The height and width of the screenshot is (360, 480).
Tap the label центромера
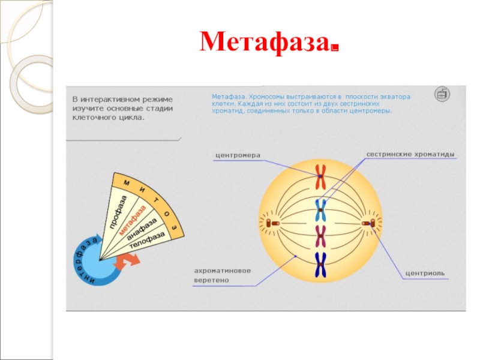(x=238, y=155)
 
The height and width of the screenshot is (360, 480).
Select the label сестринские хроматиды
(x=410, y=154)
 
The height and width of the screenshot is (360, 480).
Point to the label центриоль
(x=425, y=273)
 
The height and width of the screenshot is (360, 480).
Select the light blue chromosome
(x=321, y=209)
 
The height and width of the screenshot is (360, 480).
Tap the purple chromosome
(x=321, y=236)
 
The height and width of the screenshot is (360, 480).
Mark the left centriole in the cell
(x=272, y=223)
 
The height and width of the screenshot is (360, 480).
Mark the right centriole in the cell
(x=368, y=224)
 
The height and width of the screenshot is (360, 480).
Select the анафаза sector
(x=142, y=232)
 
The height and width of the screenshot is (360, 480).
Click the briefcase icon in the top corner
(x=441, y=95)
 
